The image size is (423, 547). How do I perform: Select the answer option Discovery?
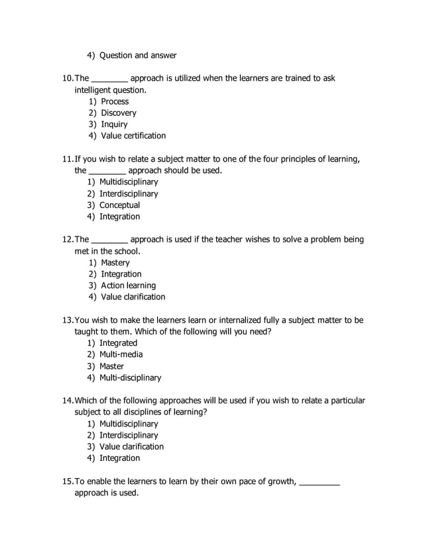tap(118, 113)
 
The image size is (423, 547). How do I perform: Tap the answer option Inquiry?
tap(114, 124)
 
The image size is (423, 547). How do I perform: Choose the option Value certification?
tap(133, 136)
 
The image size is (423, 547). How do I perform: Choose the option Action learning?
tap(128, 285)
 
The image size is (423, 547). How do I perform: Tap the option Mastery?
tap(115, 263)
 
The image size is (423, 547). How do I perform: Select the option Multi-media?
tap(121, 354)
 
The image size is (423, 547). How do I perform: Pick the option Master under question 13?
tap(111, 366)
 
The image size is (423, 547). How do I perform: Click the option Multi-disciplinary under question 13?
tap(130, 377)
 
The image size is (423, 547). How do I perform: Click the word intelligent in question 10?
tap(92, 90)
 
